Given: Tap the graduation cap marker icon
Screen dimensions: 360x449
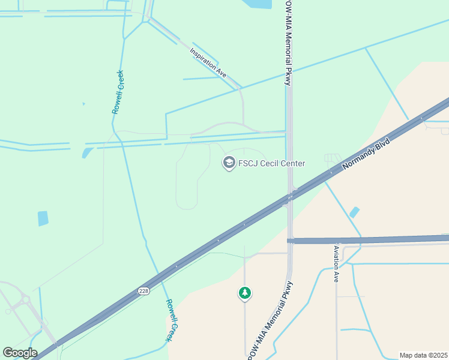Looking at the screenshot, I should coord(228,162).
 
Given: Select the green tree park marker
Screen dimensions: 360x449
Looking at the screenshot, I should coord(244,293).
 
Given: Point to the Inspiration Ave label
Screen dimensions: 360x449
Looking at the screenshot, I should coord(208,62).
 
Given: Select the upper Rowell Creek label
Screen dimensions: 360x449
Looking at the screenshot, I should coord(118,92).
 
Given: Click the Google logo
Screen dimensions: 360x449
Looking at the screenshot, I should coord(20,352).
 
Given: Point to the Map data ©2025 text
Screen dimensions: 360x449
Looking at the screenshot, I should coord(423,355).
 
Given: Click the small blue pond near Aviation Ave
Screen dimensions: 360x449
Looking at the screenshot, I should coord(355,212).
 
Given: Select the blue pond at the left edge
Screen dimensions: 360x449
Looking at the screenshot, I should coord(43,218).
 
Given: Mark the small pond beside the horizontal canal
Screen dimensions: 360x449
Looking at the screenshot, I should coord(87,152).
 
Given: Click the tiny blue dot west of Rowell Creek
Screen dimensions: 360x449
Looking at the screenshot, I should coord(83,104).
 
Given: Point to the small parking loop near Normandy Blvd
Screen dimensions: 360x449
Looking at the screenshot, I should coord(332,158).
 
